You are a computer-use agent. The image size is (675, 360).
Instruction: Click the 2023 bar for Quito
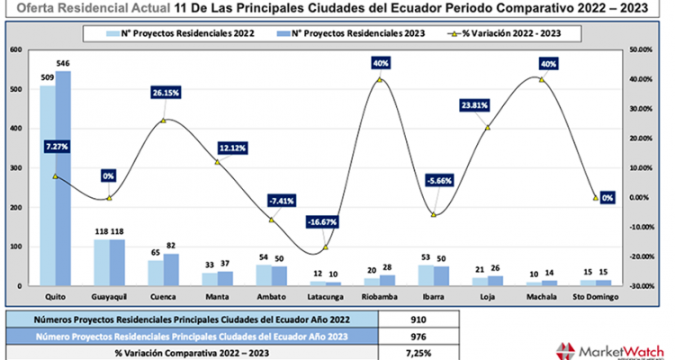click(63, 180)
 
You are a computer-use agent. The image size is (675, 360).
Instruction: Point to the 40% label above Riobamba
click(380, 64)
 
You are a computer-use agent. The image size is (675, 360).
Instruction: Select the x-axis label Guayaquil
click(110, 294)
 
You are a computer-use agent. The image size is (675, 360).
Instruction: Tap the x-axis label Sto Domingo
click(594, 294)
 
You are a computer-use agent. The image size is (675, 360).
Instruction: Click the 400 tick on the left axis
click(15, 129)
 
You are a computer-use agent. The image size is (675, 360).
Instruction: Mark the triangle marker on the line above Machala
click(542, 80)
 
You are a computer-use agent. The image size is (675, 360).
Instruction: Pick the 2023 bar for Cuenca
click(171, 269)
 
